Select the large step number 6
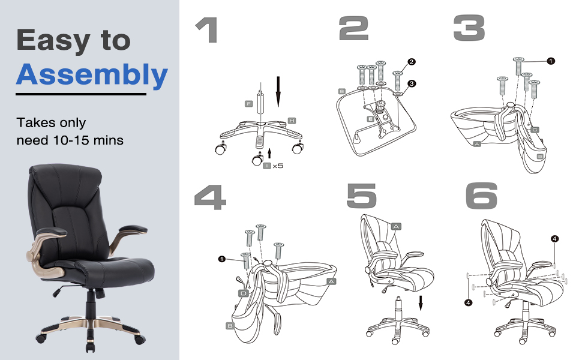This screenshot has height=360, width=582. tap(481, 196)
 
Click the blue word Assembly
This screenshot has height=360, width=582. tap(92, 75)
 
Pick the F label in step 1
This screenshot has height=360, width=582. tap(249, 104)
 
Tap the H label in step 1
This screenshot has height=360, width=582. tap(292, 121)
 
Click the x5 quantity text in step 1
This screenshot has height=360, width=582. tap(278, 166)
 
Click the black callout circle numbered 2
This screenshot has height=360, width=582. tap(411, 62)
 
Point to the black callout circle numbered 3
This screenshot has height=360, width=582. tap(411, 83)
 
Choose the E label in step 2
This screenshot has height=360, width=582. tap(371, 119)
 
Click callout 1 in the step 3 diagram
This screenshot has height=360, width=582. tap(551, 61)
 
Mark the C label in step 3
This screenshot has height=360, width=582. tap(535, 129)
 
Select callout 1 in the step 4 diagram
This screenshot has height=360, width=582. tap(221, 259)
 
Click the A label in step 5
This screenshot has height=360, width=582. tap(395, 226)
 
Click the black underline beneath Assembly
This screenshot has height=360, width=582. tap(81, 94)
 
